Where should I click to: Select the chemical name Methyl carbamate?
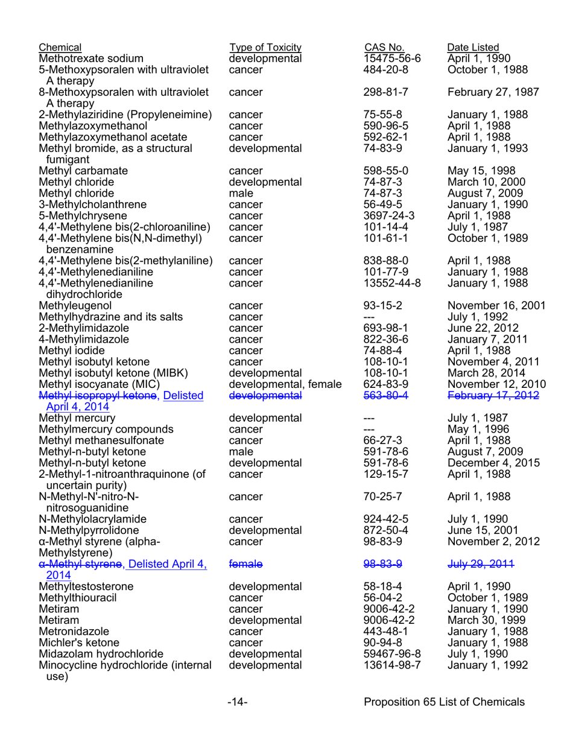(x=83, y=170)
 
